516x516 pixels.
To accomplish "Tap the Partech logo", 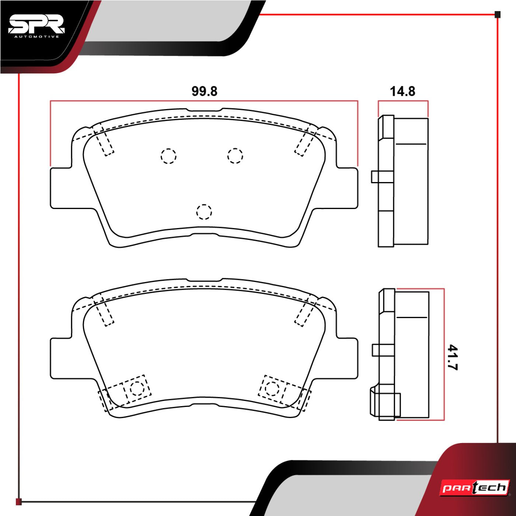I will point(475,488).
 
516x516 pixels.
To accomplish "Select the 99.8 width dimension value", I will point(204,91).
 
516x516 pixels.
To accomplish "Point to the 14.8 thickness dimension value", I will point(402,91).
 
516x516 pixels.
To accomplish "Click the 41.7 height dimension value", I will point(452,357).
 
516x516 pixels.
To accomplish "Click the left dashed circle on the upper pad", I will point(168,156).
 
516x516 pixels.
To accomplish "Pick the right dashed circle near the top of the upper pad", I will point(235,156).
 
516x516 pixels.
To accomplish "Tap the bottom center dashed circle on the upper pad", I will point(204,212).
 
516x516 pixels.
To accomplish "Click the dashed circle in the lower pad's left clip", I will point(137,388).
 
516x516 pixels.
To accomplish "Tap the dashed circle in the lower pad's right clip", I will point(272,387).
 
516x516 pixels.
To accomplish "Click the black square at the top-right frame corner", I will point(498,15).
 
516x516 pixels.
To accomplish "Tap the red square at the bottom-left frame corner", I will point(19,502).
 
